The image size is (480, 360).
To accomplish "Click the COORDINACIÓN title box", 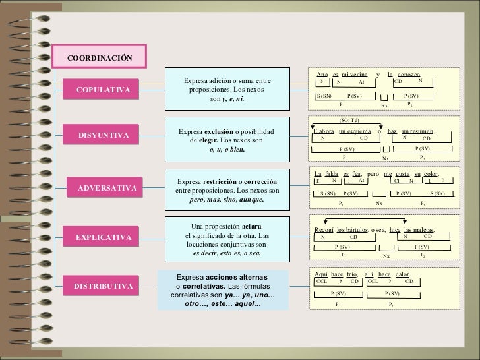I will click(x=99, y=58).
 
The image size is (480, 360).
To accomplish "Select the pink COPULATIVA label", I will click(x=103, y=89).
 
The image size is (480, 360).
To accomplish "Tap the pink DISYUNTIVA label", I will click(x=103, y=136).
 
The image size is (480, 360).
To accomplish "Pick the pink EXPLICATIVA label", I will click(x=103, y=236).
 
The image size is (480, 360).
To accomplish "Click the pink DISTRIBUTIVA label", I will click(x=103, y=287).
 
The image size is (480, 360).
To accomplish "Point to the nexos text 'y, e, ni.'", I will click(x=233, y=99).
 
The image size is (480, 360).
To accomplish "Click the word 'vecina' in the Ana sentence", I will click(x=359, y=75).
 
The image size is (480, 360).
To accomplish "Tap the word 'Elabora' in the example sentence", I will click(x=324, y=131).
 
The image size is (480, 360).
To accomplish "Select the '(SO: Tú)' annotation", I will click(x=349, y=121).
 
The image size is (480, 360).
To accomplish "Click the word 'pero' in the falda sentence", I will click(x=373, y=173).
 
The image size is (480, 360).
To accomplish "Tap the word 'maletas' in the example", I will click(x=419, y=229).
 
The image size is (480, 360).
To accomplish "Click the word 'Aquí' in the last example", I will click(x=322, y=274).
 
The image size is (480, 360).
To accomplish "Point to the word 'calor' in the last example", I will click(x=402, y=274).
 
